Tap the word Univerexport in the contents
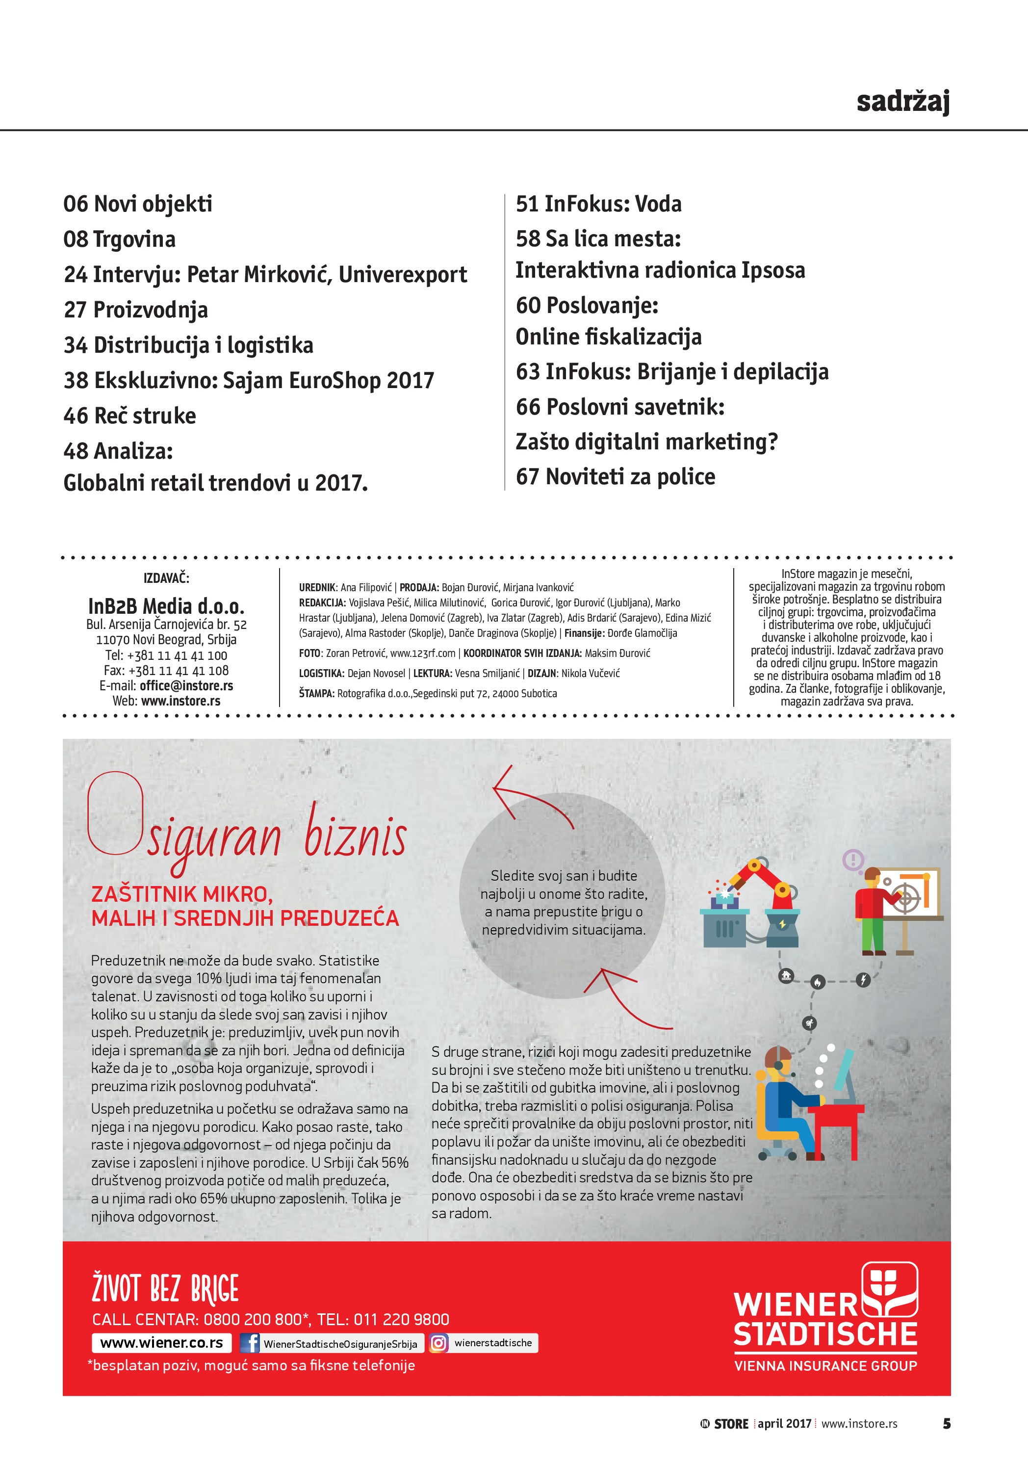tap(403, 275)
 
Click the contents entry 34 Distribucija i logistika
tap(188, 345)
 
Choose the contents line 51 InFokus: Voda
tap(598, 204)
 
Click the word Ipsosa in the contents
tap(772, 270)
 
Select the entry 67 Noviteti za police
tap(615, 476)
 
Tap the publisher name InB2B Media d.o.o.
tap(166, 605)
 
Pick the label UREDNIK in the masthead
tap(317, 587)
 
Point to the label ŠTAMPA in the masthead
tap(316, 693)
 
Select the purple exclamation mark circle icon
tap(853, 860)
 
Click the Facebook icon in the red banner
tap(250, 1343)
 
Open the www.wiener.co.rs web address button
tap(162, 1343)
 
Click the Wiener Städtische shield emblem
tap(889, 1288)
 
